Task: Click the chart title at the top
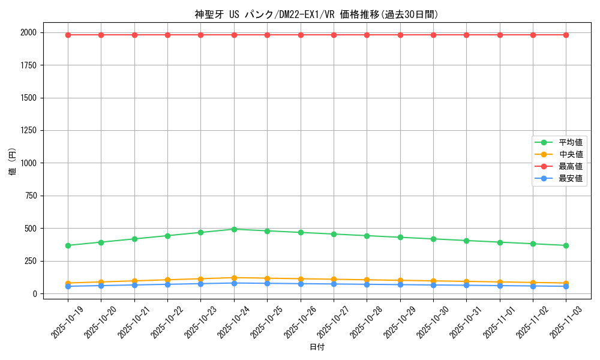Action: tap(317, 14)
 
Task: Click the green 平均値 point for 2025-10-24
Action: tap(234, 229)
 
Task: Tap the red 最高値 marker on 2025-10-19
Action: tap(68, 35)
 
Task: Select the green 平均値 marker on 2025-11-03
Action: tap(566, 245)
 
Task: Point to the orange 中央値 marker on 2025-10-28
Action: tap(367, 280)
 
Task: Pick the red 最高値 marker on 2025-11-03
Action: tap(566, 35)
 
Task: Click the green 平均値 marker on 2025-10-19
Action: tap(68, 245)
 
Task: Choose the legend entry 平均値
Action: tap(570, 142)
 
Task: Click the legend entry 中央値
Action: tap(570, 154)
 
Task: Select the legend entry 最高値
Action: tap(570, 166)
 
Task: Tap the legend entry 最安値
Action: tap(570, 178)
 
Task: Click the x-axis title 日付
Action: tap(317, 347)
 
